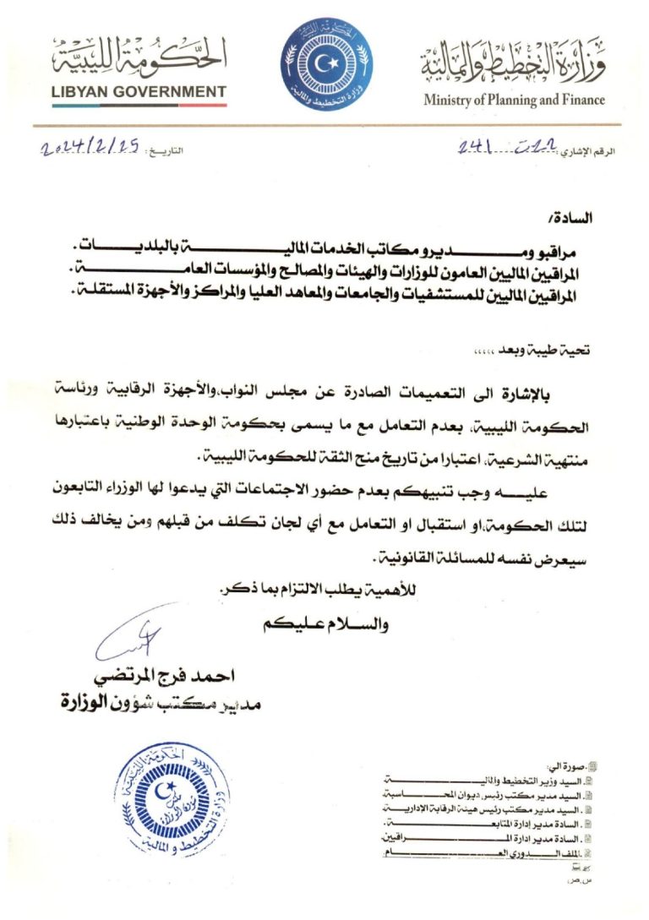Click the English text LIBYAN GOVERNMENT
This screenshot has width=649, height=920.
point(139,91)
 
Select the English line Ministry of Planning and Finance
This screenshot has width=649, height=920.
point(514,100)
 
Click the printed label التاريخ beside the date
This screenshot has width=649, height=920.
point(166,152)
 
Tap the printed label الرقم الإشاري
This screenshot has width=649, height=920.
point(588,151)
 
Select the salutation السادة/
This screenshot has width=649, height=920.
point(574,218)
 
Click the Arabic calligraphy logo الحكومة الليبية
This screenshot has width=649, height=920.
point(140,56)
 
